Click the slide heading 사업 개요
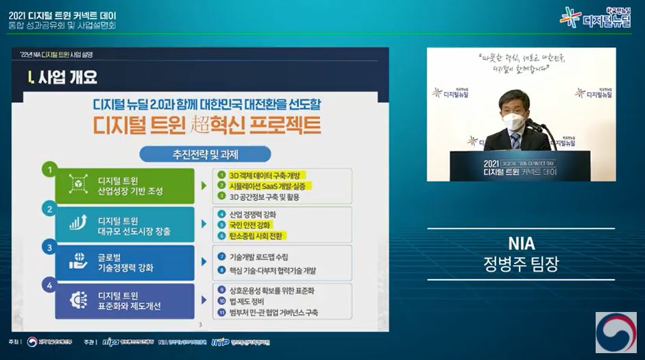pos(62,76)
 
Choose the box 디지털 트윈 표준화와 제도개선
pos(130,301)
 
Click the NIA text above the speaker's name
pos(521,243)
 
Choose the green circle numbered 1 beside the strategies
pos(49,168)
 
